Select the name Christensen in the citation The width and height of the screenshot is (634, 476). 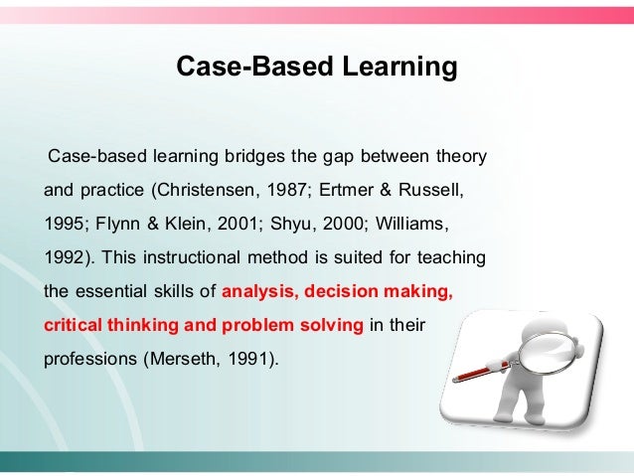click(x=204, y=188)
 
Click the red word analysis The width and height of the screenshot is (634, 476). click(x=258, y=293)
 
